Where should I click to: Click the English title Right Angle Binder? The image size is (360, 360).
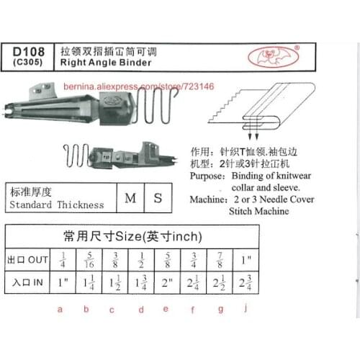(107, 63)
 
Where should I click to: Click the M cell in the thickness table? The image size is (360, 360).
(130, 197)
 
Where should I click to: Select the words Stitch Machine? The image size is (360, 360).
(259, 212)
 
